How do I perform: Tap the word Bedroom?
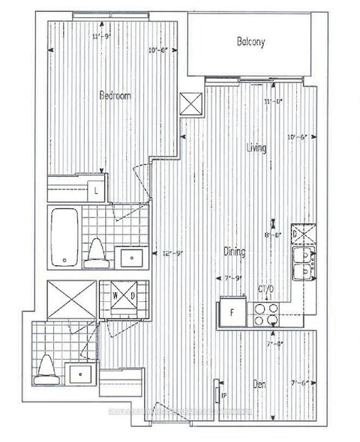pyautogui.click(x=116, y=96)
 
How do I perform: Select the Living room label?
pyautogui.click(x=258, y=149)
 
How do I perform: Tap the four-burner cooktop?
pyautogui.click(x=264, y=312)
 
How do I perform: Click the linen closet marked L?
pyautogui.click(x=97, y=189)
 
